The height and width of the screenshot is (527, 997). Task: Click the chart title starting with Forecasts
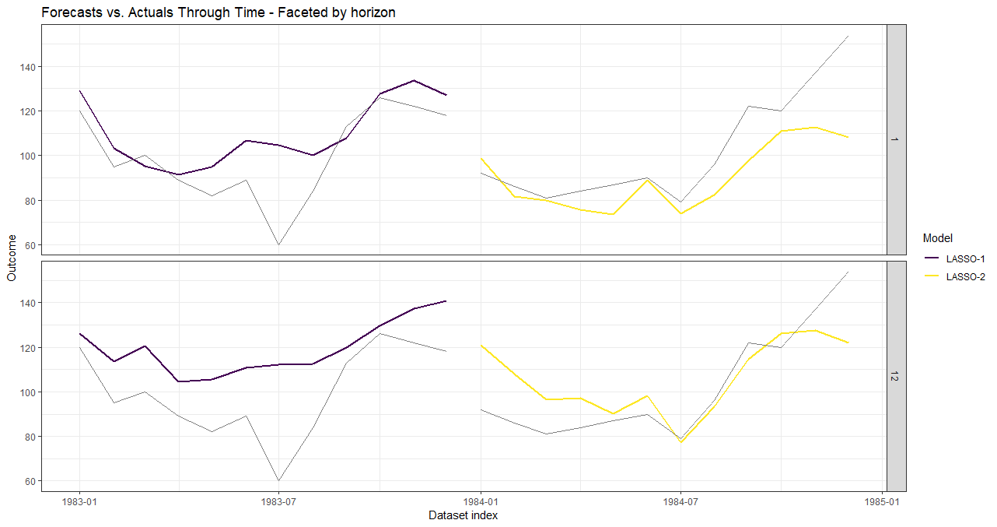pyautogui.click(x=219, y=12)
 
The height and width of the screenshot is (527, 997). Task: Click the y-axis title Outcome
pyautogui.click(x=11, y=258)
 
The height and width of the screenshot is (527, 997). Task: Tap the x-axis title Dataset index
pyautogui.click(x=463, y=515)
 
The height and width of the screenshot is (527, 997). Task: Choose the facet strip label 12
pyautogui.click(x=896, y=376)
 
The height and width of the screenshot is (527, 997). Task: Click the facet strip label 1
pyautogui.click(x=896, y=139)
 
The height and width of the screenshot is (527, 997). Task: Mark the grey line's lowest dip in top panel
pyautogui.click(x=279, y=244)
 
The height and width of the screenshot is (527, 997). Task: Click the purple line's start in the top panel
pyautogui.click(x=79, y=91)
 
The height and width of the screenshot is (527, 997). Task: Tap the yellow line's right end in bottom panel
pyautogui.click(x=848, y=343)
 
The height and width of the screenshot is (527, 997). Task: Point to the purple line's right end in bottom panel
pyautogui.click(x=446, y=300)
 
